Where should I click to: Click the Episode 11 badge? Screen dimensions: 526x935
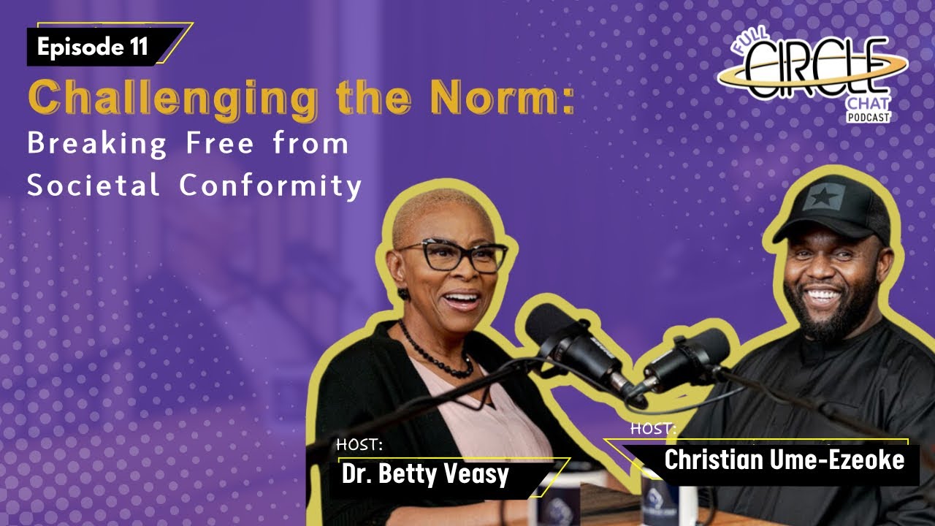(93, 47)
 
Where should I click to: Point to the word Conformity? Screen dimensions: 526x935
(271, 187)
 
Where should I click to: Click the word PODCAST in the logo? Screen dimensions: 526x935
(869, 117)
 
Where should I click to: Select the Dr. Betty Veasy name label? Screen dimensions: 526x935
(425, 474)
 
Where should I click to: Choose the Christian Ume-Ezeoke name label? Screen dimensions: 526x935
(784, 460)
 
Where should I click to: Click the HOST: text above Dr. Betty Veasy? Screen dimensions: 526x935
(359, 445)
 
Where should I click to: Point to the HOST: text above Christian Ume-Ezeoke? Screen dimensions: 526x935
(653, 429)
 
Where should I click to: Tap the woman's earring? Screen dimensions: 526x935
(403, 293)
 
